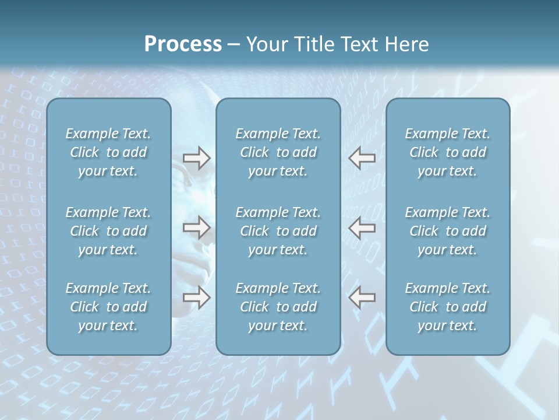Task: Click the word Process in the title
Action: coord(183,44)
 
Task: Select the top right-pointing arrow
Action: coord(196,158)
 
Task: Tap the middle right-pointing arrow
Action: coord(196,227)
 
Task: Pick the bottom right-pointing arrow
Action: coord(196,297)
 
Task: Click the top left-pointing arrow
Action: coord(362,158)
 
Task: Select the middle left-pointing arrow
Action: coord(362,227)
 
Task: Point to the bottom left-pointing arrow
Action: coord(362,297)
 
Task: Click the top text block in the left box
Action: coord(108,152)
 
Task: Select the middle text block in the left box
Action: coord(108,231)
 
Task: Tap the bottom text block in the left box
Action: coord(108,307)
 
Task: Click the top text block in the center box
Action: coord(278,152)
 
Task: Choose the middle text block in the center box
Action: coord(278,231)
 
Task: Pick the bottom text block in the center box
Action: coord(278,307)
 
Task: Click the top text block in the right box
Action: coord(447,152)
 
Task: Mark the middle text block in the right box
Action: coord(447,231)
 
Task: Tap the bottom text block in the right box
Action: coord(447,307)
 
